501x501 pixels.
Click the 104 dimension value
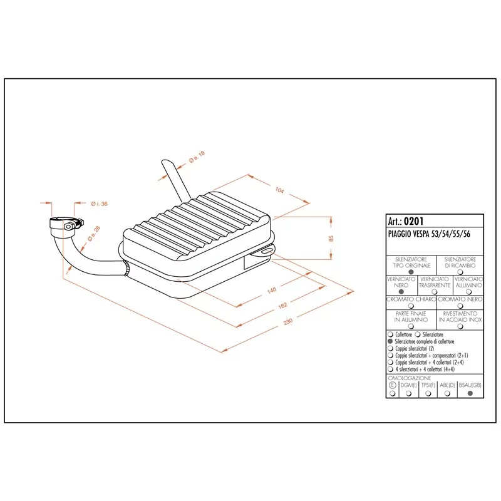pos(279,190)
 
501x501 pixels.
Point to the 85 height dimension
pos(331,239)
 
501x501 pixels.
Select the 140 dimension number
pos(271,290)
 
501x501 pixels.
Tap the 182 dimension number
pos(283,306)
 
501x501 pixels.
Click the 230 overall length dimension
pos(288,321)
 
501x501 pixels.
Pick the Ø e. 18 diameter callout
pos(197,157)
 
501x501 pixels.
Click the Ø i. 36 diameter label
pos(100,204)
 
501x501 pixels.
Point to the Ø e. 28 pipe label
pos(94,234)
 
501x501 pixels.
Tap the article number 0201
pos(413,221)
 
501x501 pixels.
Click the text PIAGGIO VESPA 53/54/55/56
pos(429,234)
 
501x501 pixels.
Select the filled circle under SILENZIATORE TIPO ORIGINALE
pos(411,272)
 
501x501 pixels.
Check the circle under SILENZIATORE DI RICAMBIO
pos(460,272)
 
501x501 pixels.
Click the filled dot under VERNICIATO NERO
pos(401,291)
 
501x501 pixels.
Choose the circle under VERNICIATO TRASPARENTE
pos(434,291)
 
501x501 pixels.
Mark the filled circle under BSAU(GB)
pos(470,393)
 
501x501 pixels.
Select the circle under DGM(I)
pos(409,393)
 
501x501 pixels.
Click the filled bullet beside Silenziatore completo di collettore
pos(390,341)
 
